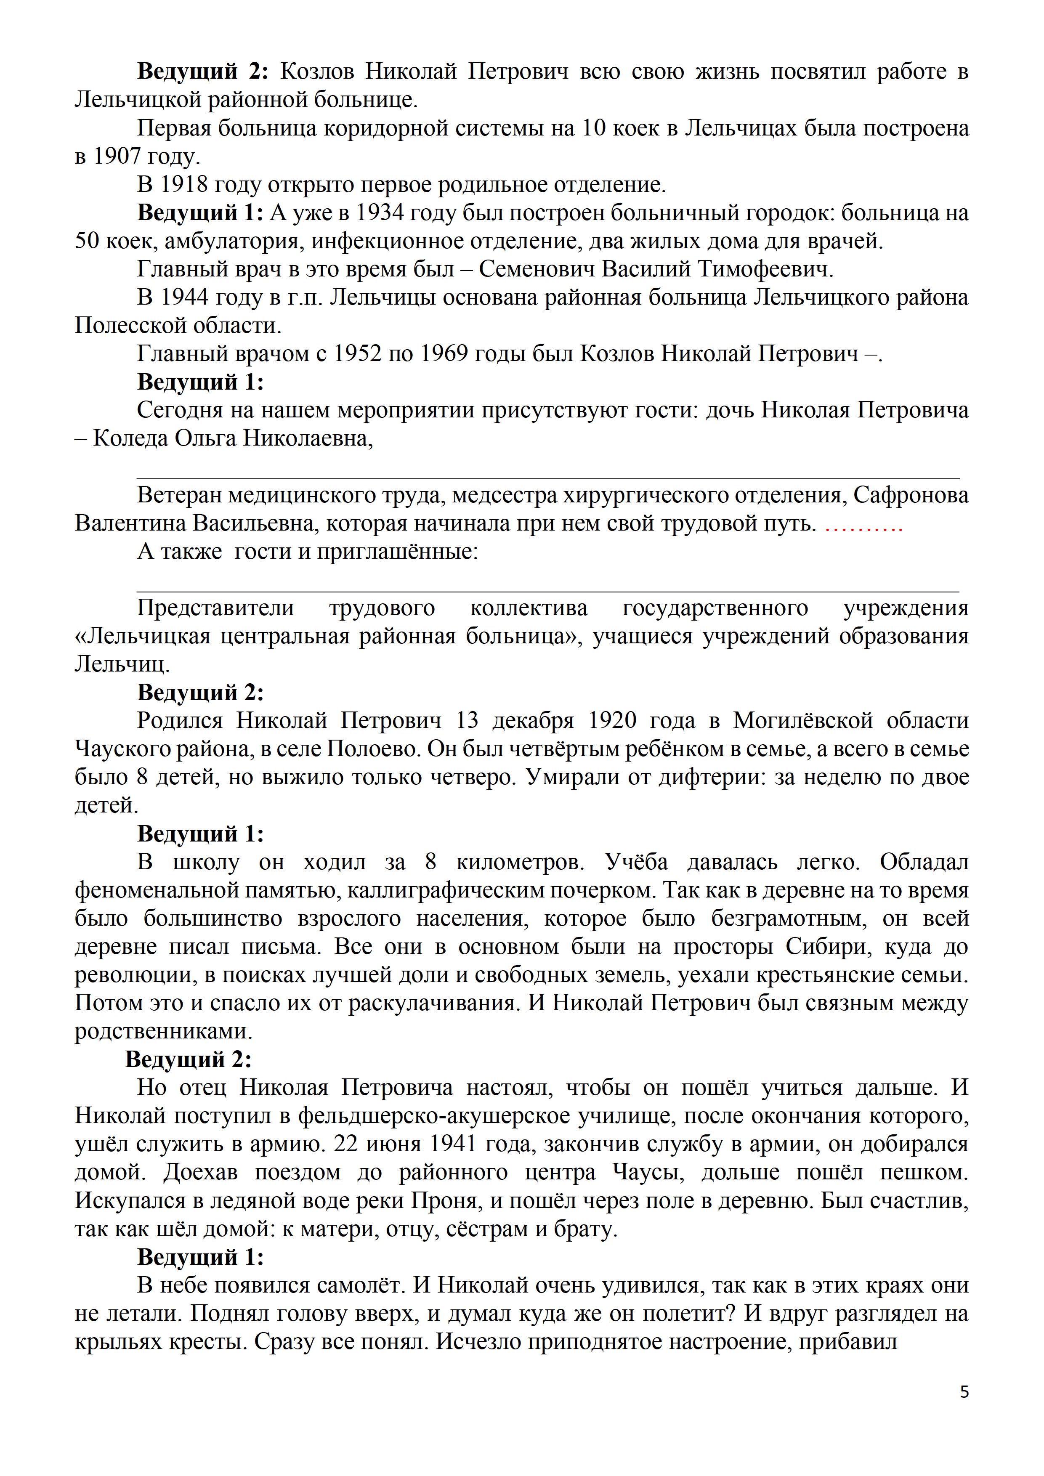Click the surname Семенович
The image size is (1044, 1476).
point(534,270)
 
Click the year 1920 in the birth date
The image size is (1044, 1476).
point(612,721)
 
